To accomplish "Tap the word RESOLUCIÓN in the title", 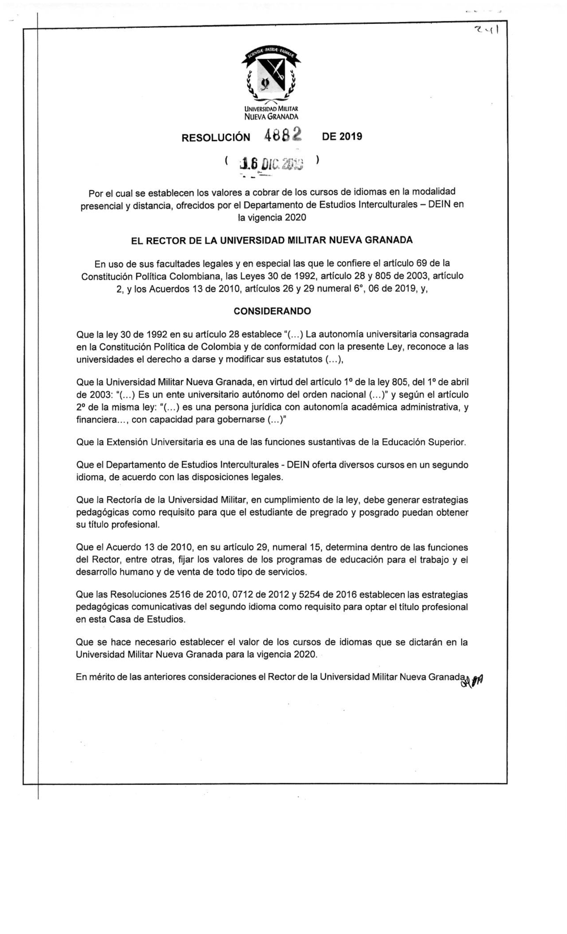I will pos(215,137).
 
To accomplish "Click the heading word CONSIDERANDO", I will pos(272,311).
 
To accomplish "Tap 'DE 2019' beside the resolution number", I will pos(341,137).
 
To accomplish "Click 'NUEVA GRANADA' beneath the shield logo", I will pos(271,117).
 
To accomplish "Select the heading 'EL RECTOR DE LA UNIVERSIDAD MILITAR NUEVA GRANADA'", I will pos(272,240).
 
